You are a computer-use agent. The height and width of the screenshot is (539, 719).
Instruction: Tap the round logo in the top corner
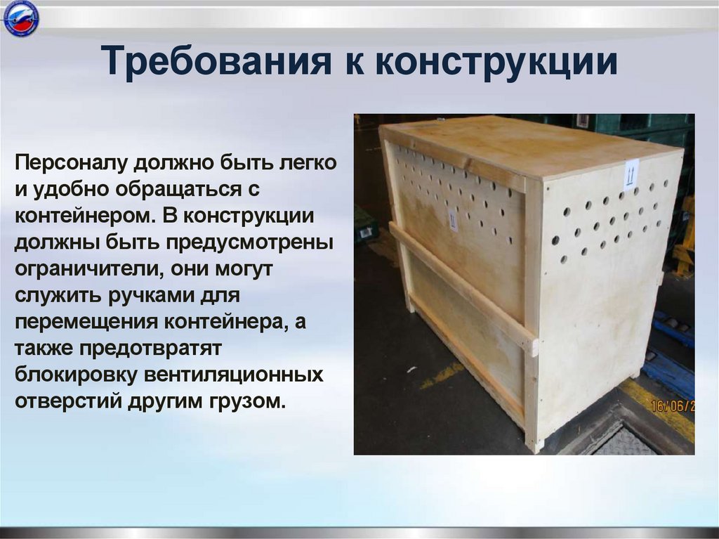coord(20,19)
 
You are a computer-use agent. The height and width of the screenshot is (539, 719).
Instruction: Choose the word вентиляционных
coord(234,374)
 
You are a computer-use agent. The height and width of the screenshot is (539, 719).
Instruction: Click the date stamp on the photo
coord(672,406)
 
